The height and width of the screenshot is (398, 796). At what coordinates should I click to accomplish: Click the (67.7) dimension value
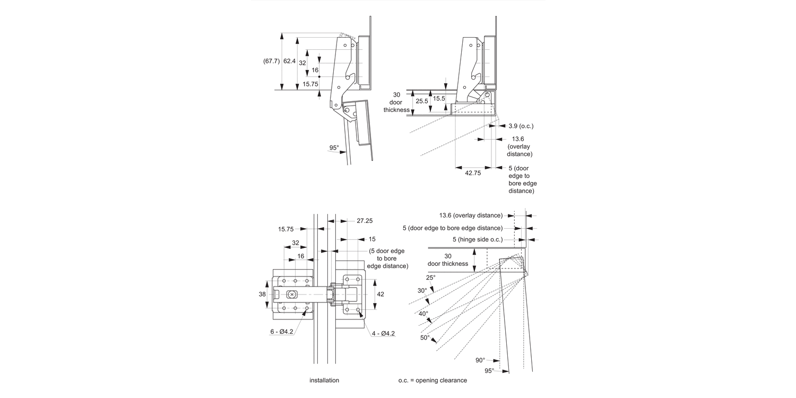point(271,61)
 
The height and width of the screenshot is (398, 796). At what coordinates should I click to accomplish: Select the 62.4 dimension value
point(289,61)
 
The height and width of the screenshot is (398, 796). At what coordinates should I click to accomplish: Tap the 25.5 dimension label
point(422,101)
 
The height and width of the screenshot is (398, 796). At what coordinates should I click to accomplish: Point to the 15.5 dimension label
point(439,99)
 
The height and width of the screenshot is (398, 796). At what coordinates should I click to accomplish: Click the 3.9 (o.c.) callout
point(521,126)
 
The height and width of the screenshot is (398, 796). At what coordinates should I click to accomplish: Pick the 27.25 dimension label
point(364,220)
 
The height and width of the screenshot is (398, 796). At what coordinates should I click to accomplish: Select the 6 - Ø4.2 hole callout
point(281,331)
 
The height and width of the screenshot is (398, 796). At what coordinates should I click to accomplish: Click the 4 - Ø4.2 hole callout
point(383,333)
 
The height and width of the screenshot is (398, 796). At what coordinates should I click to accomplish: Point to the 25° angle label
point(430,277)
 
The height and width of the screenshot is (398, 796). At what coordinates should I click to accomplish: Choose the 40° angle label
point(423,313)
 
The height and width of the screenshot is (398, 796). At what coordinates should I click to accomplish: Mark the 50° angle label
point(425,337)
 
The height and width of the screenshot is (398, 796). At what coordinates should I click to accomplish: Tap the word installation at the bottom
point(324,380)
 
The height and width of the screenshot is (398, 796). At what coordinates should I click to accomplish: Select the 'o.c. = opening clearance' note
point(432,380)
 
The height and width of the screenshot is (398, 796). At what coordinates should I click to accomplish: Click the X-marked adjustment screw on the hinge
point(292,294)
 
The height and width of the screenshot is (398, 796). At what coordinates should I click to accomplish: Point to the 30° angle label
point(422,290)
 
